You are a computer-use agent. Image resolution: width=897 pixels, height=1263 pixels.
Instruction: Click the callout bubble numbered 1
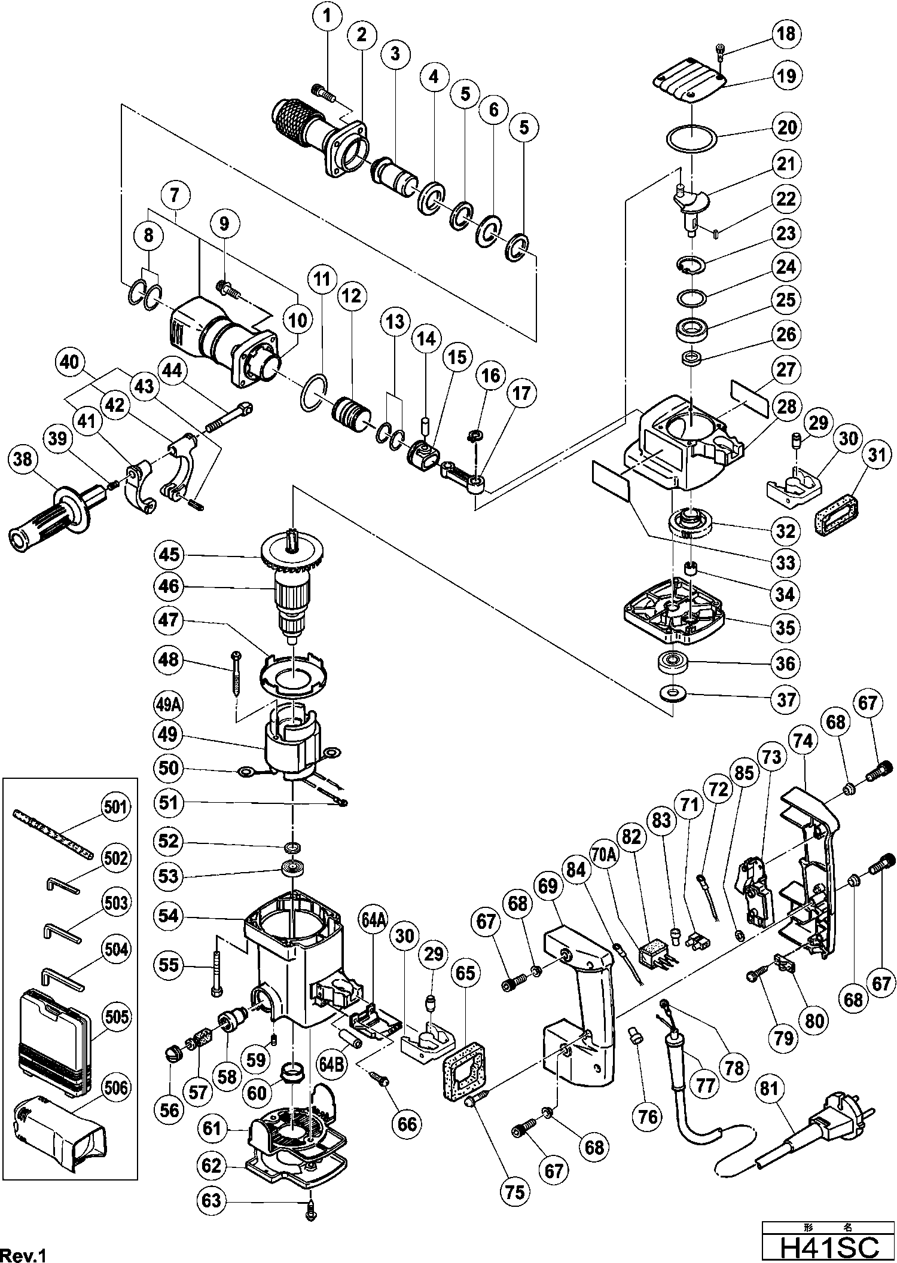[x=327, y=17]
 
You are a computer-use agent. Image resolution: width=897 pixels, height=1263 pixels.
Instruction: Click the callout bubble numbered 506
[x=115, y=1087]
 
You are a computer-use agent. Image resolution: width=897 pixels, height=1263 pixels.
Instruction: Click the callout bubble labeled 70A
[x=603, y=857]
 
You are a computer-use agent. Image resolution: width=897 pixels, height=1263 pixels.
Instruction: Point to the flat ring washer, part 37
[x=673, y=694]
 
